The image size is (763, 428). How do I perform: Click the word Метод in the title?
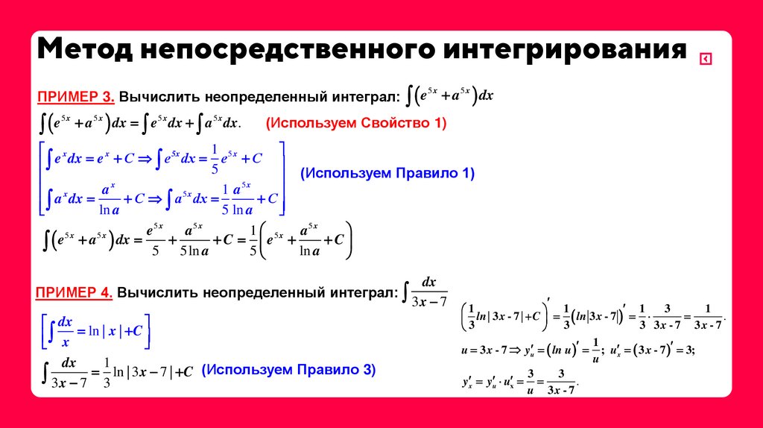83,51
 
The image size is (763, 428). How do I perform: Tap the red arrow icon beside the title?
705,60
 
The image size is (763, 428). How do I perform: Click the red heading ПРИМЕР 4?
75,293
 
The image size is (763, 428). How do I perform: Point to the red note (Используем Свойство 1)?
356,123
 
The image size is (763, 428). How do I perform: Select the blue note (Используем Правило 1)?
387,173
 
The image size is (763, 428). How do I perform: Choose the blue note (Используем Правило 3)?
288,369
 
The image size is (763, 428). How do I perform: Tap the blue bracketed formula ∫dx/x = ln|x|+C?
95,331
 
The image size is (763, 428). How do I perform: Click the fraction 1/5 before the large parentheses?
253,240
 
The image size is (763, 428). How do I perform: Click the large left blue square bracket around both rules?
42,178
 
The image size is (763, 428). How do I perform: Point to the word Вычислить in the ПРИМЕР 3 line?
160,97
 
